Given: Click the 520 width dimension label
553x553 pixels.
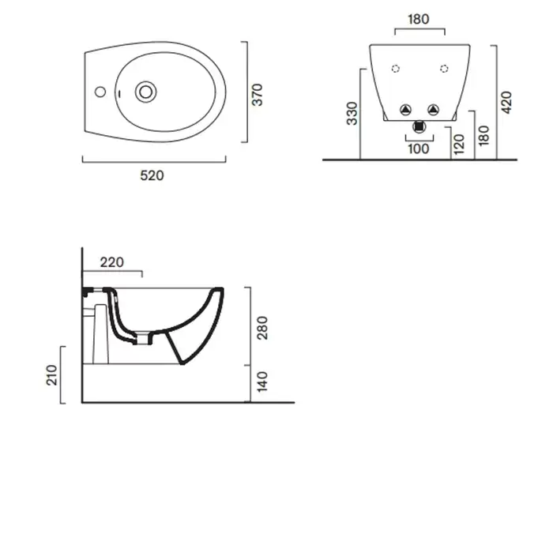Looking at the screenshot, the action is click(x=152, y=175).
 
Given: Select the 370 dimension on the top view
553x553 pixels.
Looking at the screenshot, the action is click(x=258, y=95).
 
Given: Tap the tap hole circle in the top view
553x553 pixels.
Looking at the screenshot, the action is click(x=100, y=92).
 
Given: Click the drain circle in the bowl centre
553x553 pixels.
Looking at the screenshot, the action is click(x=145, y=92).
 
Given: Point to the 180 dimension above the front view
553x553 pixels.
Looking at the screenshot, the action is click(x=419, y=19).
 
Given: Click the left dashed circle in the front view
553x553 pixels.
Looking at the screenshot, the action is click(x=396, y=69).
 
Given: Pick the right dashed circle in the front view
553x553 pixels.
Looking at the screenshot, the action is click(x=444, y=69).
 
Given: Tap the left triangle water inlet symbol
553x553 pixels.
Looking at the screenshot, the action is click(x=405, y=110).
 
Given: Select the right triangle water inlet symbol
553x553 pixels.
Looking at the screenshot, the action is click(x=433, y=110).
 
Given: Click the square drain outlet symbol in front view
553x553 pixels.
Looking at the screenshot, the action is click(x=419, y=126).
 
